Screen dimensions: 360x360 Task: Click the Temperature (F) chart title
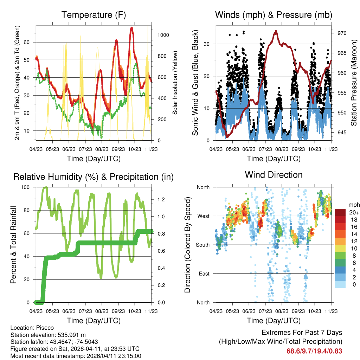point(94,15)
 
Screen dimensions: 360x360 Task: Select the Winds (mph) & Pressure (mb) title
point(274,15)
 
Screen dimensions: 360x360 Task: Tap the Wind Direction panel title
point(274,175)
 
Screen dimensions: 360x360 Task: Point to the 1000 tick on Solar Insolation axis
point(163,35)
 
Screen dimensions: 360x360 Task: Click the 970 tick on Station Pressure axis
point(342,33)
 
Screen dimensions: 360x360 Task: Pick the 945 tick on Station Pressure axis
point(342,133)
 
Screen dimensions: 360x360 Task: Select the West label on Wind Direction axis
point(203,216)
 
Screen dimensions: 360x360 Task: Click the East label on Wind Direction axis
point(204,274)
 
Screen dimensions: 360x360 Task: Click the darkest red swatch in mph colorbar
point(340,212)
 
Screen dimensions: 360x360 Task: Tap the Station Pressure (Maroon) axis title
point(354,83)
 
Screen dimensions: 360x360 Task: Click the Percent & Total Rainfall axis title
point(13,245)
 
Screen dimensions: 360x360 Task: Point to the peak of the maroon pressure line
point(276,31)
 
